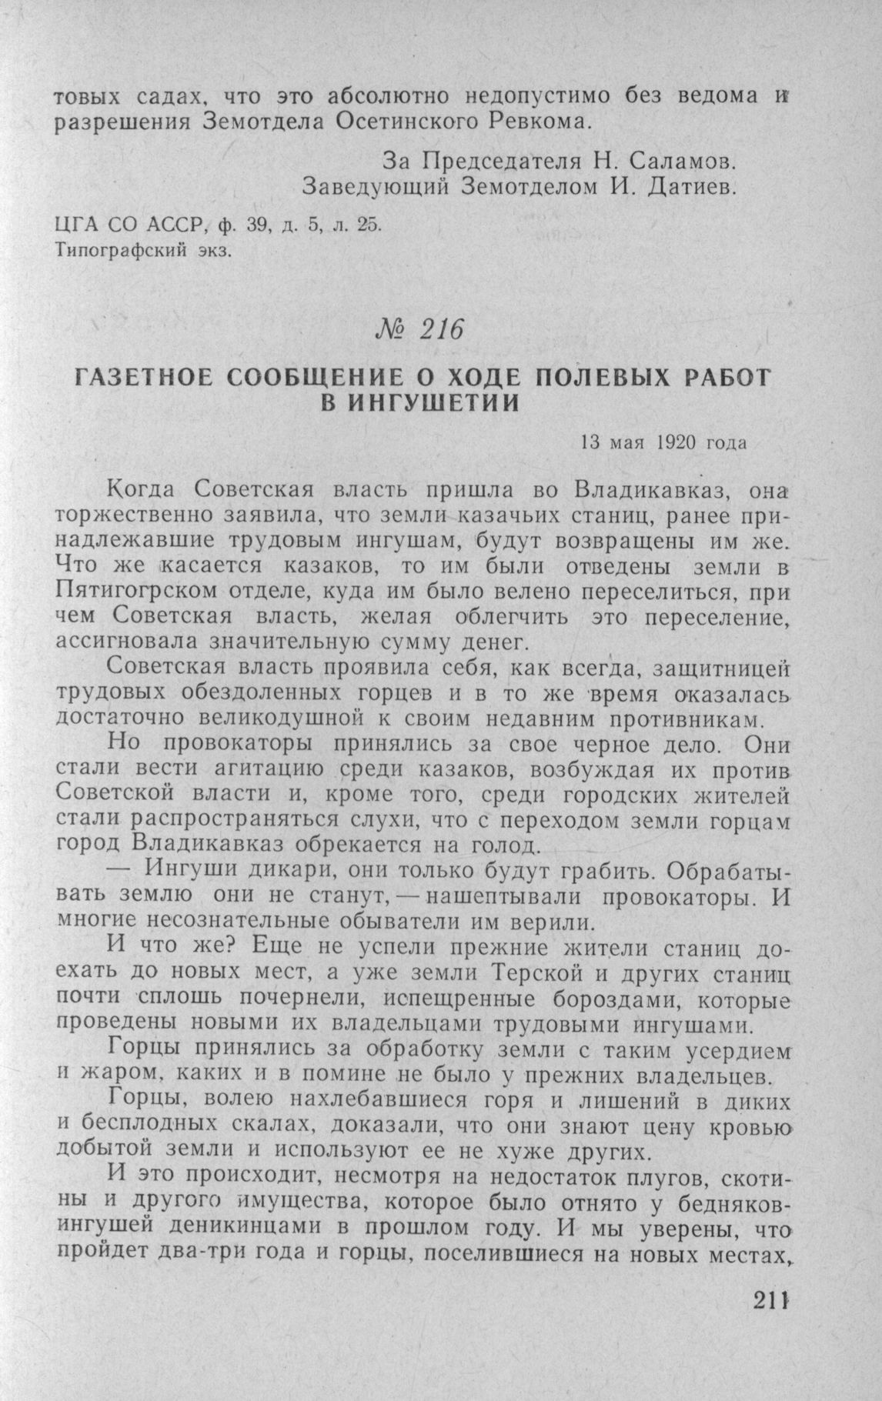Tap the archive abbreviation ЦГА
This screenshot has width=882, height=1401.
[x=72, y=226]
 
